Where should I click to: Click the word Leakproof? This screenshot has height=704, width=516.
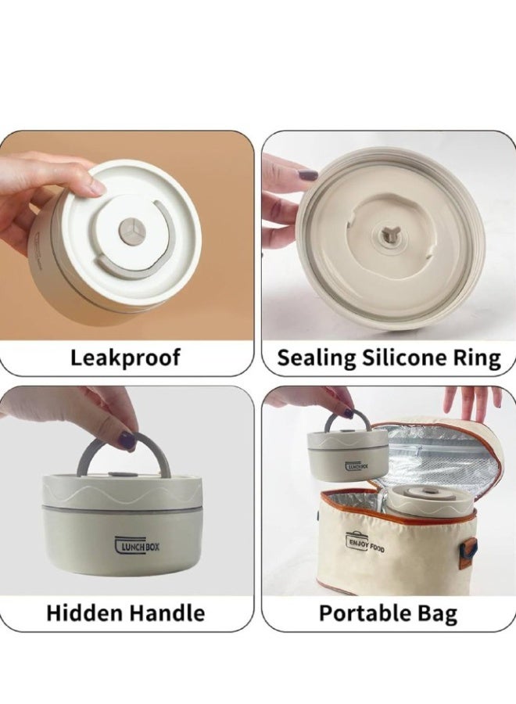click(x=125, y=357)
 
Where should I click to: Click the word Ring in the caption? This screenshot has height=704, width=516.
click(x=478, y=358)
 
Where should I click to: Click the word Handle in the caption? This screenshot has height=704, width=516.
click(x=165, y=612)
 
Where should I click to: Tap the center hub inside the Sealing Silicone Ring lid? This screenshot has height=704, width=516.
click(x=386, y=235)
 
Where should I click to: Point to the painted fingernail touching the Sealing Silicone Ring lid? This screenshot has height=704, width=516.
click(x=310, y=174)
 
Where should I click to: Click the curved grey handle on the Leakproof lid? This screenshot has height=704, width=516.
click(x=135, y=265)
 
